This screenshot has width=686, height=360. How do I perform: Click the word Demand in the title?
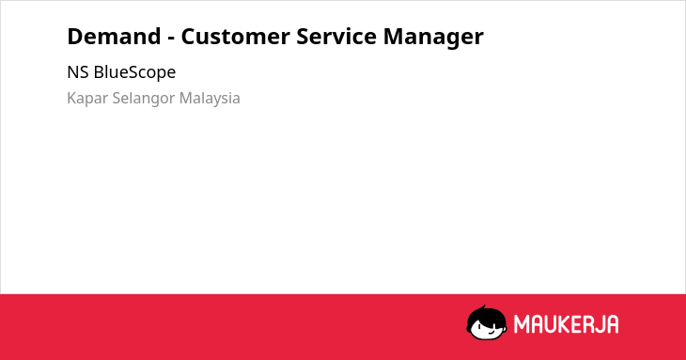pos(114,37)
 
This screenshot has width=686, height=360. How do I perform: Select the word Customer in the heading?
pos(235,37)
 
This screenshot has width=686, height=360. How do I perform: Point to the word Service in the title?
pos(336,37)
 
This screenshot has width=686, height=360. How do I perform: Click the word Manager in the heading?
pos(433,38)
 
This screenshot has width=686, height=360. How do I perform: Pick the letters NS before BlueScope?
pos(78,72)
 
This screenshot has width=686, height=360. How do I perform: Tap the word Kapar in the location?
pos(87,99)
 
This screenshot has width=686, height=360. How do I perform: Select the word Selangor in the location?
pos(144,99)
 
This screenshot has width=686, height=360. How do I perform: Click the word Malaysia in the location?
pos(210,99)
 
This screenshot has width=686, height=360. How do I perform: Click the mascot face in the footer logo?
pos(487,322)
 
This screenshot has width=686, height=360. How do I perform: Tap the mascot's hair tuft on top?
pos(483,308)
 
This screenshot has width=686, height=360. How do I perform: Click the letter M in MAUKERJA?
pos(522,324)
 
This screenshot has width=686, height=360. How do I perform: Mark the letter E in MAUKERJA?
pos(576,324)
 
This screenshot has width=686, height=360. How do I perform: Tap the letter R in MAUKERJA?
pos(586,324)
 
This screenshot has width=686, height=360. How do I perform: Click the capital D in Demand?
pos(75,37)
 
